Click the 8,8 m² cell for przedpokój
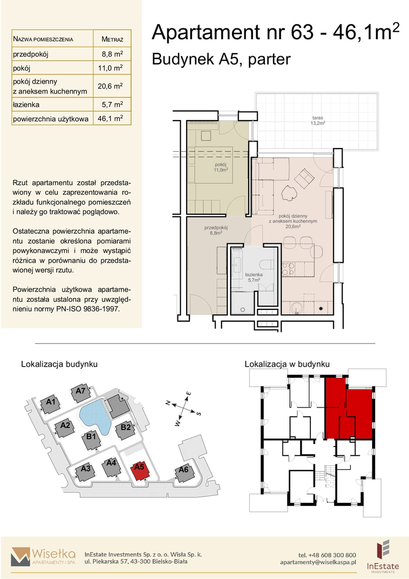(112, 54)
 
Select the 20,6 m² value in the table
(110, 86)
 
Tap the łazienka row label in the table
(26, 105)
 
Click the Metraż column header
(112, 39)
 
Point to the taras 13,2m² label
(317, 121)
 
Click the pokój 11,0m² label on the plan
(220, 167)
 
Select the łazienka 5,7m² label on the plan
(254, 277)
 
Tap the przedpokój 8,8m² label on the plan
(216, 231)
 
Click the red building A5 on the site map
(140, 471)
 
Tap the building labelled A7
(80, 394)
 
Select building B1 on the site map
(91, 440)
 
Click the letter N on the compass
(168, 403)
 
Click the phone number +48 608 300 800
(327, 555)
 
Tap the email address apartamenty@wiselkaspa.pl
(318, 562)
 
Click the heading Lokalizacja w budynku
(287, 364)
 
